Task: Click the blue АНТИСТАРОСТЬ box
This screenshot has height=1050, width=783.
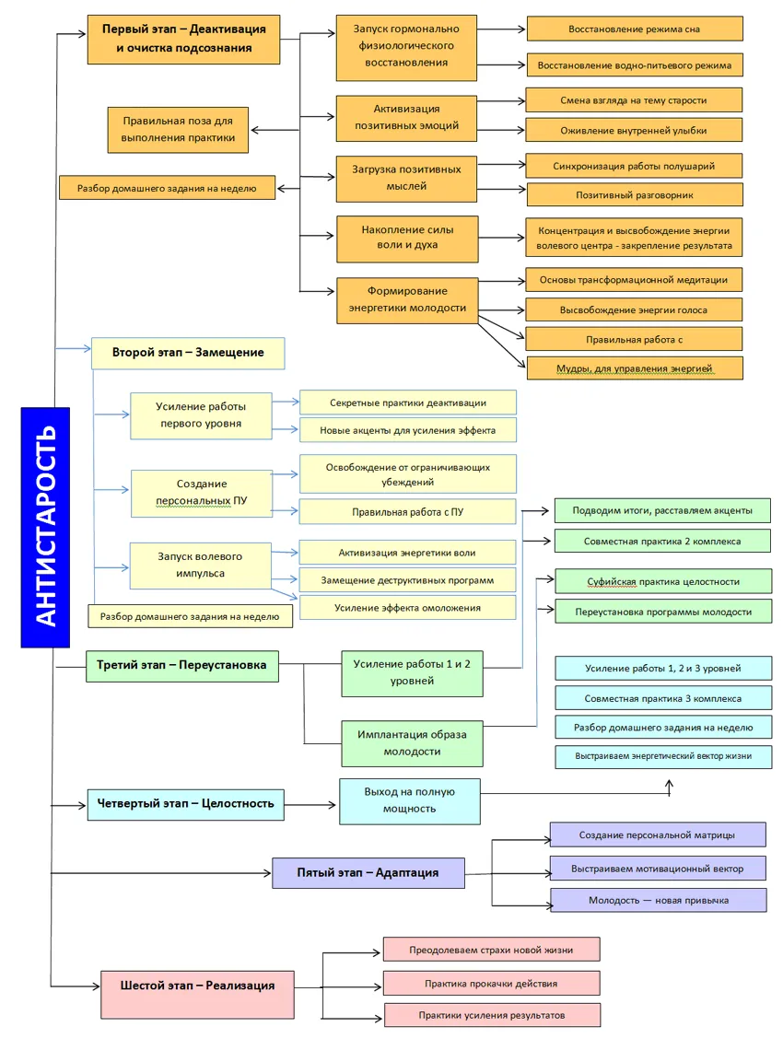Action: [45, 527]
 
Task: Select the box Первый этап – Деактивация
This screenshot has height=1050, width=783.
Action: [183, 39]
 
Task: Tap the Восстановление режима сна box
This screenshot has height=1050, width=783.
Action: [635, 29]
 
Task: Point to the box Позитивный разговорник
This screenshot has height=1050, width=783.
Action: [635, 194]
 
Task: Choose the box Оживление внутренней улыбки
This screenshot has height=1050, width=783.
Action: [634, 130]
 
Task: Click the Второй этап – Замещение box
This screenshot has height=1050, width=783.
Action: [188, 353]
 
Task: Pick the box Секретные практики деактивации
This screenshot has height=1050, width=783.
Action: [407, 402]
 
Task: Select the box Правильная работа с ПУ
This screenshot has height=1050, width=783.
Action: [407, 511]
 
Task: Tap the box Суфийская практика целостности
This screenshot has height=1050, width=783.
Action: [662, 582]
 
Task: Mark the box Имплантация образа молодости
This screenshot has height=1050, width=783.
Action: [412, 743]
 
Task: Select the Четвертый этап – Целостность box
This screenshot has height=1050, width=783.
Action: [185, 803]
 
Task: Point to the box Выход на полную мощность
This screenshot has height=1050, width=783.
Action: [410, 800]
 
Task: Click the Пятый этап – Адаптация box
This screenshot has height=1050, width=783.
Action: [368, 872]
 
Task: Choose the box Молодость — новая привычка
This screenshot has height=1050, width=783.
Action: [658, 900]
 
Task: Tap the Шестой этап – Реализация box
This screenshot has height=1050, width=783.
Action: [197, 986]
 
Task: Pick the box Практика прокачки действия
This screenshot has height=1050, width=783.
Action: [491, 983]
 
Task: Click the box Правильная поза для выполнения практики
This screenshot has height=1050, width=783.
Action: [178, 129]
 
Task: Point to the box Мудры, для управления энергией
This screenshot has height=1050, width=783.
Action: [634, 368]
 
